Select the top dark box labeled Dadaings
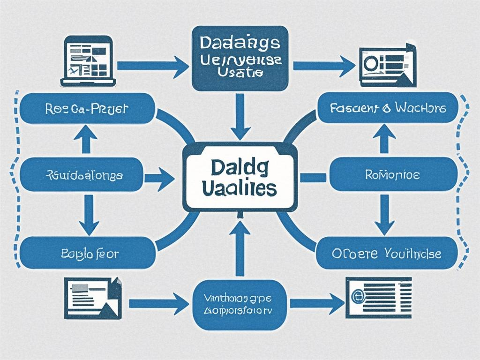(240, 58)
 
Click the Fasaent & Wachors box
(387, 108)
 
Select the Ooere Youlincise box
(387, 253)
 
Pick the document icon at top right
(387, 64)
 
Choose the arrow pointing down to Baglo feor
(88, 214)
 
